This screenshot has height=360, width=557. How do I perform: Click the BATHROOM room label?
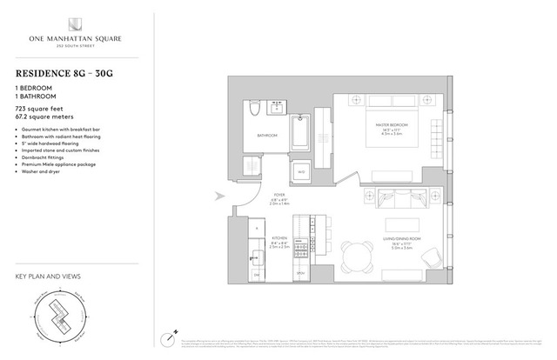[x=266, y=135]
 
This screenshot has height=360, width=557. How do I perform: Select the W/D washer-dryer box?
[x=301, y=172]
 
